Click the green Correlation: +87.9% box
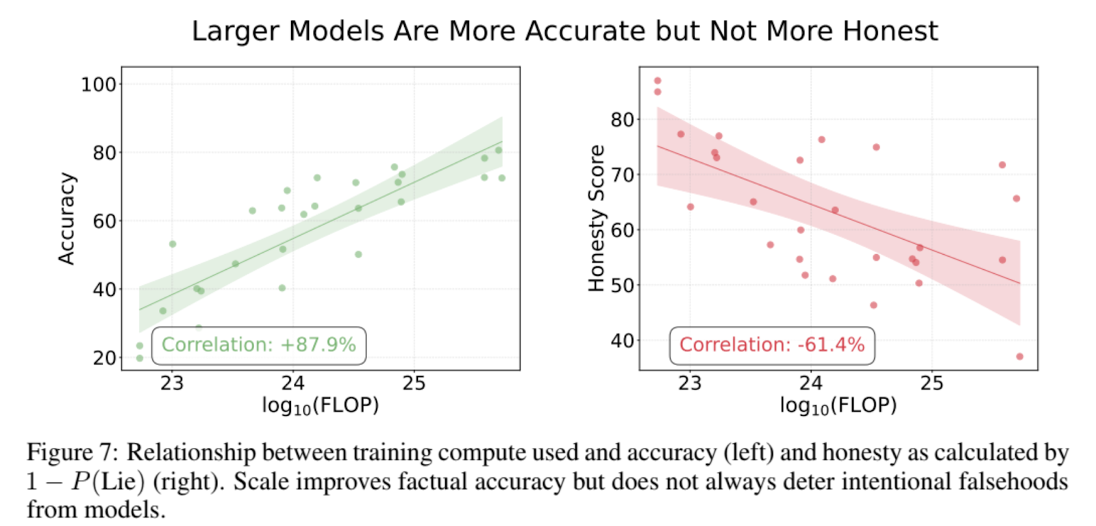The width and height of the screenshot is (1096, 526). tap(258, 345)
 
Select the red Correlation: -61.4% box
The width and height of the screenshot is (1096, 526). tap(771, 345)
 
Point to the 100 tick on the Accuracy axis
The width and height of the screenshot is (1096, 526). tap(98, 85)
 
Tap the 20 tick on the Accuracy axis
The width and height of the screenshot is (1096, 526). tap(104, 358)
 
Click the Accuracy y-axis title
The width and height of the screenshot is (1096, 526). tap(66, 218)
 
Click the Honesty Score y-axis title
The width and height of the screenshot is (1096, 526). tap(597, 218)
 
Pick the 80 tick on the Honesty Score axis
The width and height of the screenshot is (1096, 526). tap(622, 120)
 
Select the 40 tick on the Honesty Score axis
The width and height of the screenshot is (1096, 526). tap(622, 340)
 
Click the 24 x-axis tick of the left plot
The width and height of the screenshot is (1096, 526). tap(292, 384)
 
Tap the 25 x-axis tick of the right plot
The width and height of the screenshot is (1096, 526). tap(932, 384)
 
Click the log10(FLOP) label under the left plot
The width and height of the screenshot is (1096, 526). tap(320, 405)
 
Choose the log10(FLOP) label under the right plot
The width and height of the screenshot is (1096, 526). tap(838, 405)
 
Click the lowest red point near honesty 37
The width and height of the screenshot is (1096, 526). tap(1019, 356)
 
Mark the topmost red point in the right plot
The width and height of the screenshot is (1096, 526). tap(658, 81)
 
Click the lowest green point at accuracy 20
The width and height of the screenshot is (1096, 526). tap(140, 358)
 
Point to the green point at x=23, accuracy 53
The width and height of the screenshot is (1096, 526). tap(173, 244)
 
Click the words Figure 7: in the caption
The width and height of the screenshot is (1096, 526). tap(72, 453)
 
